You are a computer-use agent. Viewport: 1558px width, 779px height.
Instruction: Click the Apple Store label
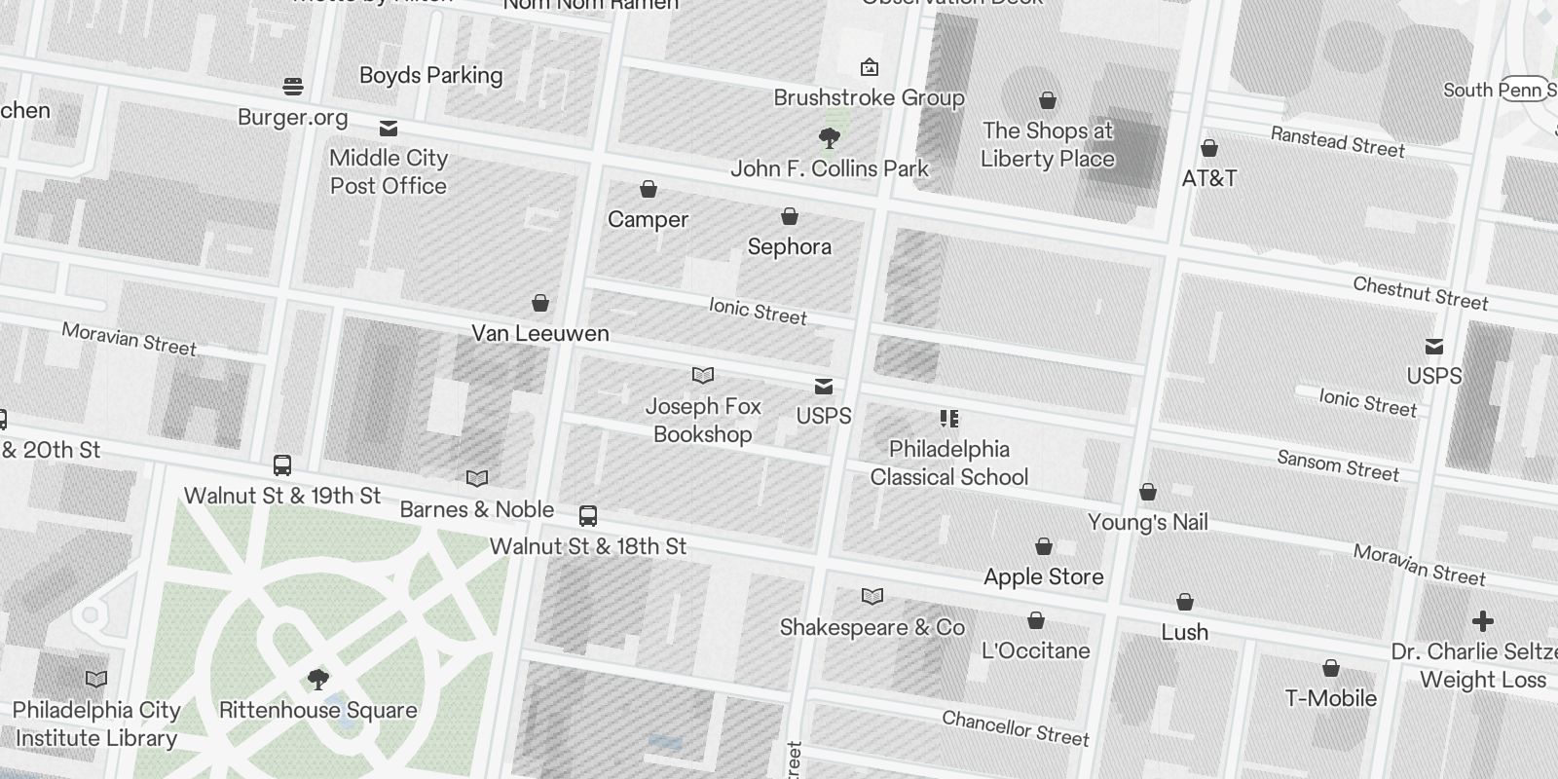pyautogui.click(x=1043, y=576)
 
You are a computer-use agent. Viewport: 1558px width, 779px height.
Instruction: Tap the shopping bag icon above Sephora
pyautogui.click(x=790, y=215)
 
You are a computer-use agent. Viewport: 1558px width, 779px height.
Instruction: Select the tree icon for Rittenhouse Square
pyautogui.click(x=317, y=679)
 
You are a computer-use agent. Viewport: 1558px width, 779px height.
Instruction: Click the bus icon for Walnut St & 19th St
pyautogui.click(x=282, y=465)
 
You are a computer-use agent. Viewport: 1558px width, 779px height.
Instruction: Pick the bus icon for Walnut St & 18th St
pyautogui.click(x=588, y=516)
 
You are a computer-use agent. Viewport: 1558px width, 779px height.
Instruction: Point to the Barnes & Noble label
pyautogui.click(x=476, y=509)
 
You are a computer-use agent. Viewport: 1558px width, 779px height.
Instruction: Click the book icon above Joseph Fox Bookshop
pyautogui.click(x=703, y=375)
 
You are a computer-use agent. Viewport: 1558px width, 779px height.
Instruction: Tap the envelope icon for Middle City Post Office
pyautogui.click(x=389, y=129)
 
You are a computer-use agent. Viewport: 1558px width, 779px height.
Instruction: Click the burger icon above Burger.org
pyautogui.click(x=293, y=87)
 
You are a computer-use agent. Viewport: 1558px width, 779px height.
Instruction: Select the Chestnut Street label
pyautogui.click(x=1420, y=293)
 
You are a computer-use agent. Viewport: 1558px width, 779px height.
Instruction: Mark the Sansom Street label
pyautogui.click(x=1338, y=465)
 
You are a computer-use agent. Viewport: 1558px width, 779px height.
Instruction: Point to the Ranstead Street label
pyautogui.click(x=1337, y=141)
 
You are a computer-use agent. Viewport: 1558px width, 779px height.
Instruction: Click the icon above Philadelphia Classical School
pyautogui.click(x=949, y=419)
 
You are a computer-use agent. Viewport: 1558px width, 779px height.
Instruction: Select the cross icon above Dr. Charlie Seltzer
pyautogui.click(x=1482, y=621)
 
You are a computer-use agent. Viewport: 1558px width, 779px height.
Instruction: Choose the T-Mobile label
pyautogui.click(x=1330, y=698)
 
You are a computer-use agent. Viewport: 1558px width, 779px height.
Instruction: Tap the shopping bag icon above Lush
pyautogui.click(x=1185, y=602)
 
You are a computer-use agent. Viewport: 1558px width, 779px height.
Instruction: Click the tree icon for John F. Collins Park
pyautogui.click(x=830, y=138)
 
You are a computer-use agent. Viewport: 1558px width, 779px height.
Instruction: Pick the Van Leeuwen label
pyautogui.click(x=540, y=333)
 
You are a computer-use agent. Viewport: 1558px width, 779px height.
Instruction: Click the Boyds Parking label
pyautogui.click(x=430, y=75)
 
